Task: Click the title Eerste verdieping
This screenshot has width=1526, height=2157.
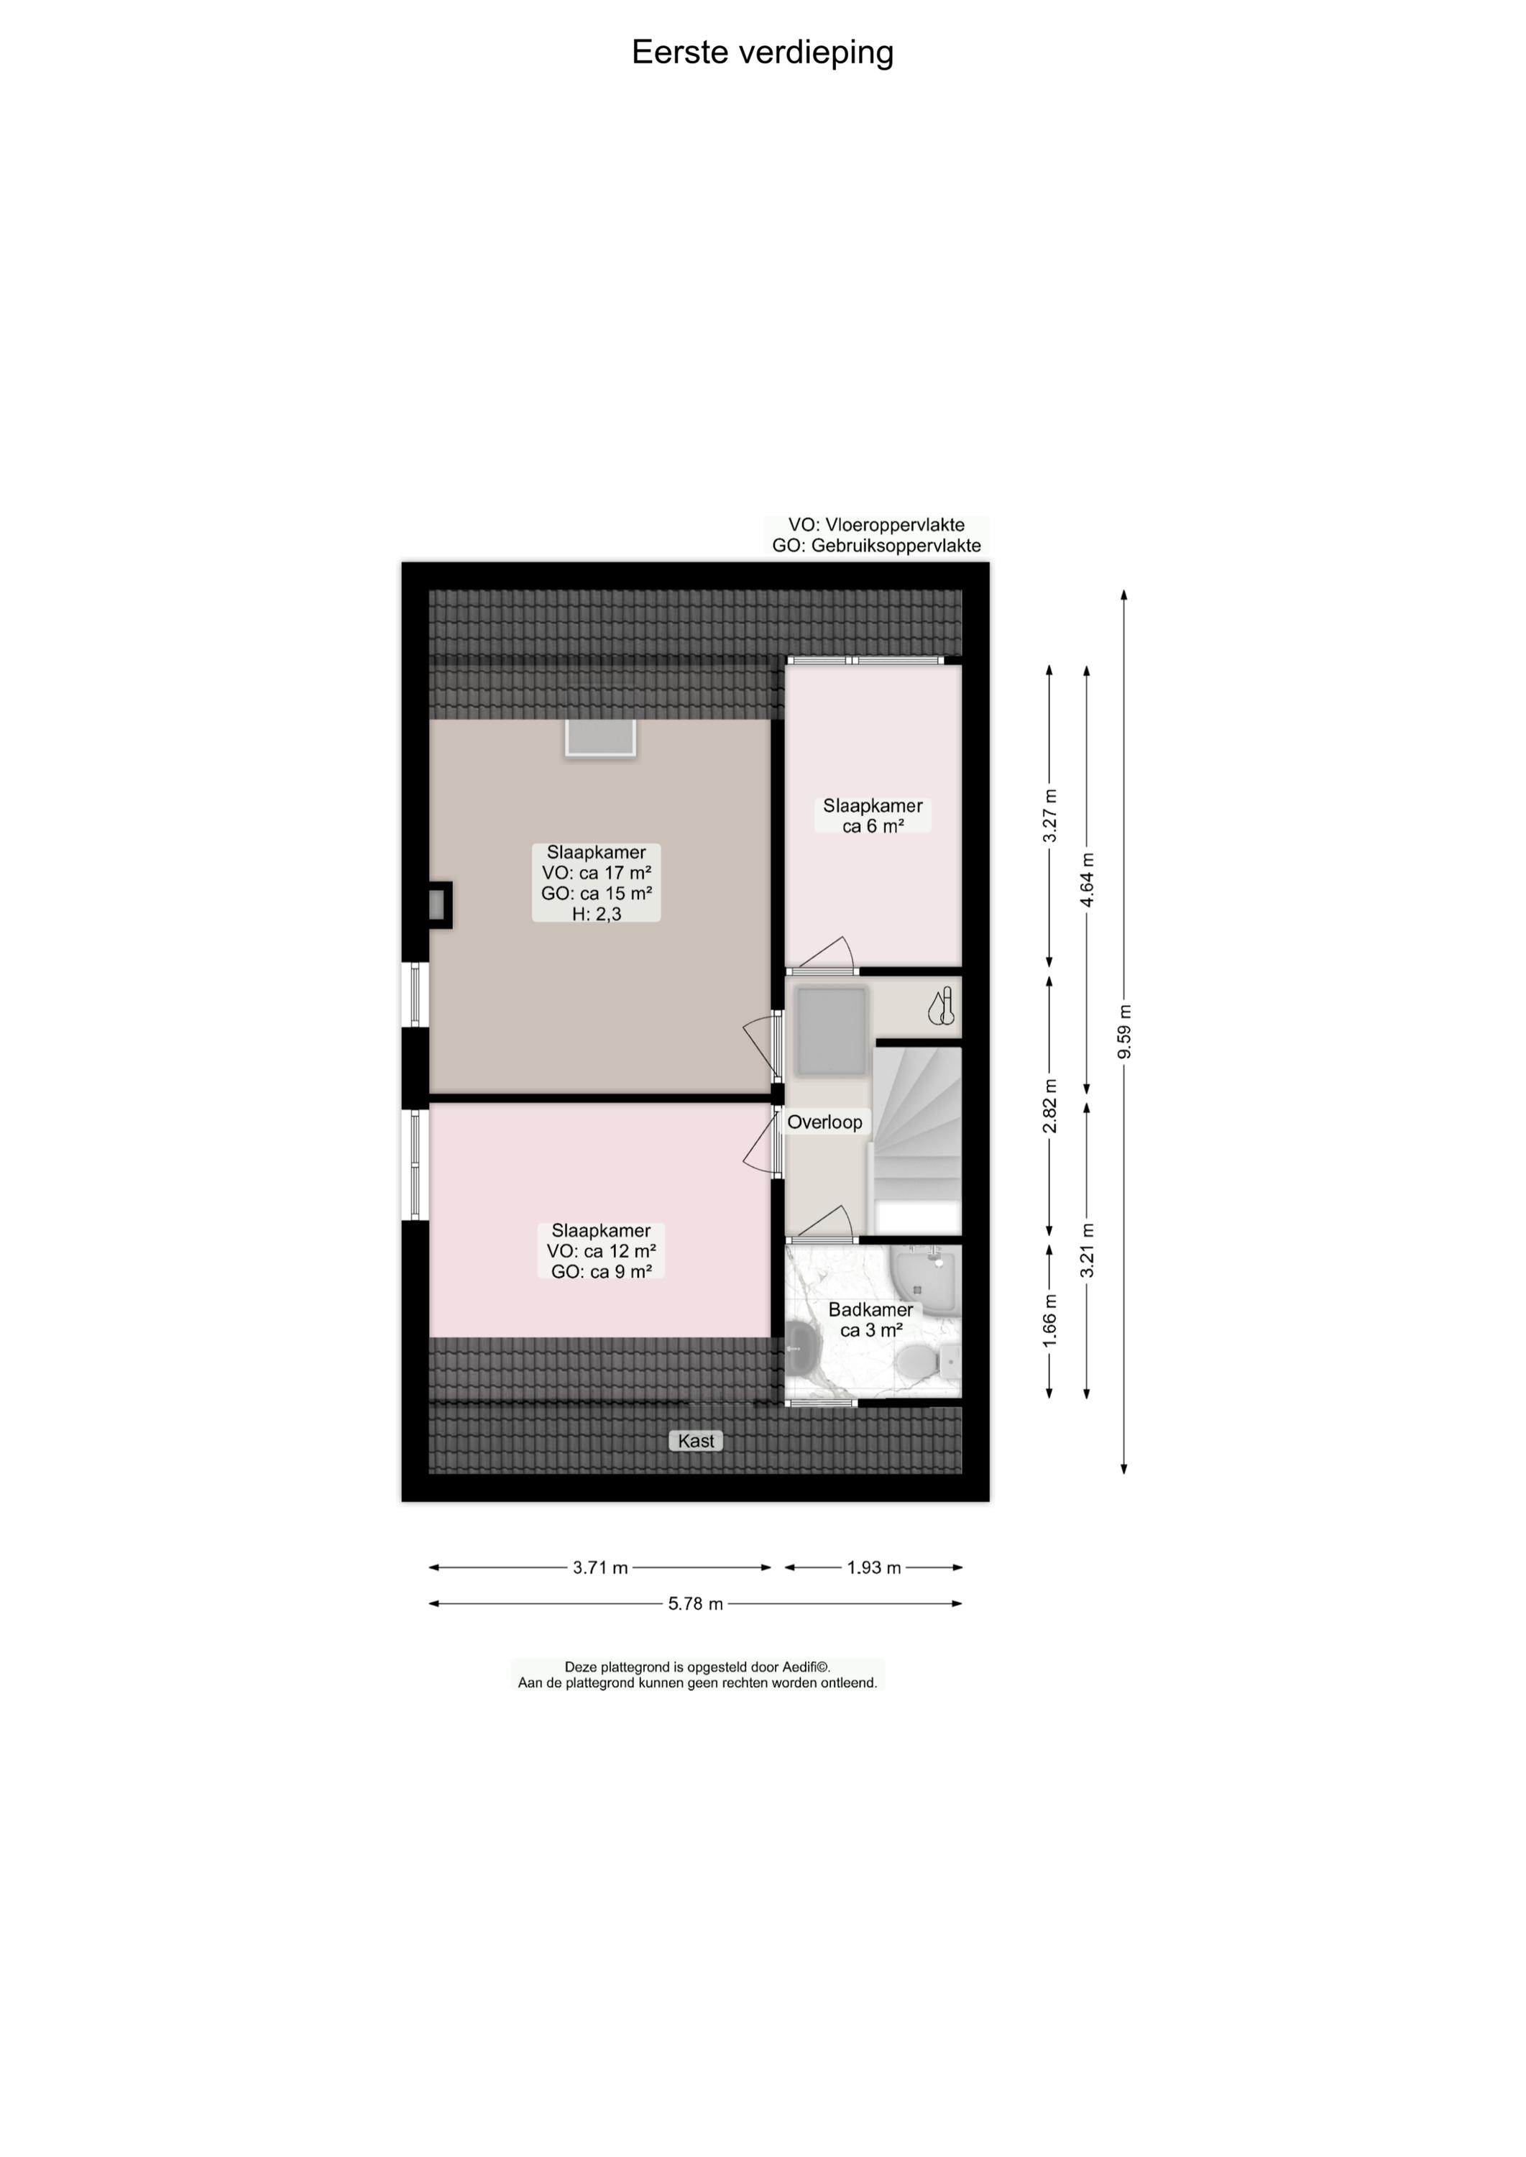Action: click(x=762, y=52)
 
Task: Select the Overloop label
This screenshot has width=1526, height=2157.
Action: click(x=824, y=1121)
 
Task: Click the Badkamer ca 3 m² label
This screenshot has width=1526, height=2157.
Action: click(x=871, y=1319)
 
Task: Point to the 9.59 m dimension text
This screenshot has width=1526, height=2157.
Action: click(x=1125, y=1031)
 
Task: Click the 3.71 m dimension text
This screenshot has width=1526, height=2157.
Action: click(x=600, y=1567)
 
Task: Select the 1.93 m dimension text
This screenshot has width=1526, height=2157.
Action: click(x=874, y=1567)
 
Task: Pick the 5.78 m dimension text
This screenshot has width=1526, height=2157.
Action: click(x=695, y=1604)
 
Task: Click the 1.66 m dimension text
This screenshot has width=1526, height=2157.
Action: click(x=1049, y=1321)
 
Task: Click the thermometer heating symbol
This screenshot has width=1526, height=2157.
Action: click(x=942, y=1006)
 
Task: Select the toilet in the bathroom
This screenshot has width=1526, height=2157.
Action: click(x=912, y=1359)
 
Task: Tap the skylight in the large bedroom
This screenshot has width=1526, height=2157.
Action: click(x=600, y=738)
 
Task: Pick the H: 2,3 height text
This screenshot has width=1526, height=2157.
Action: click(x=597, y=914)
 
